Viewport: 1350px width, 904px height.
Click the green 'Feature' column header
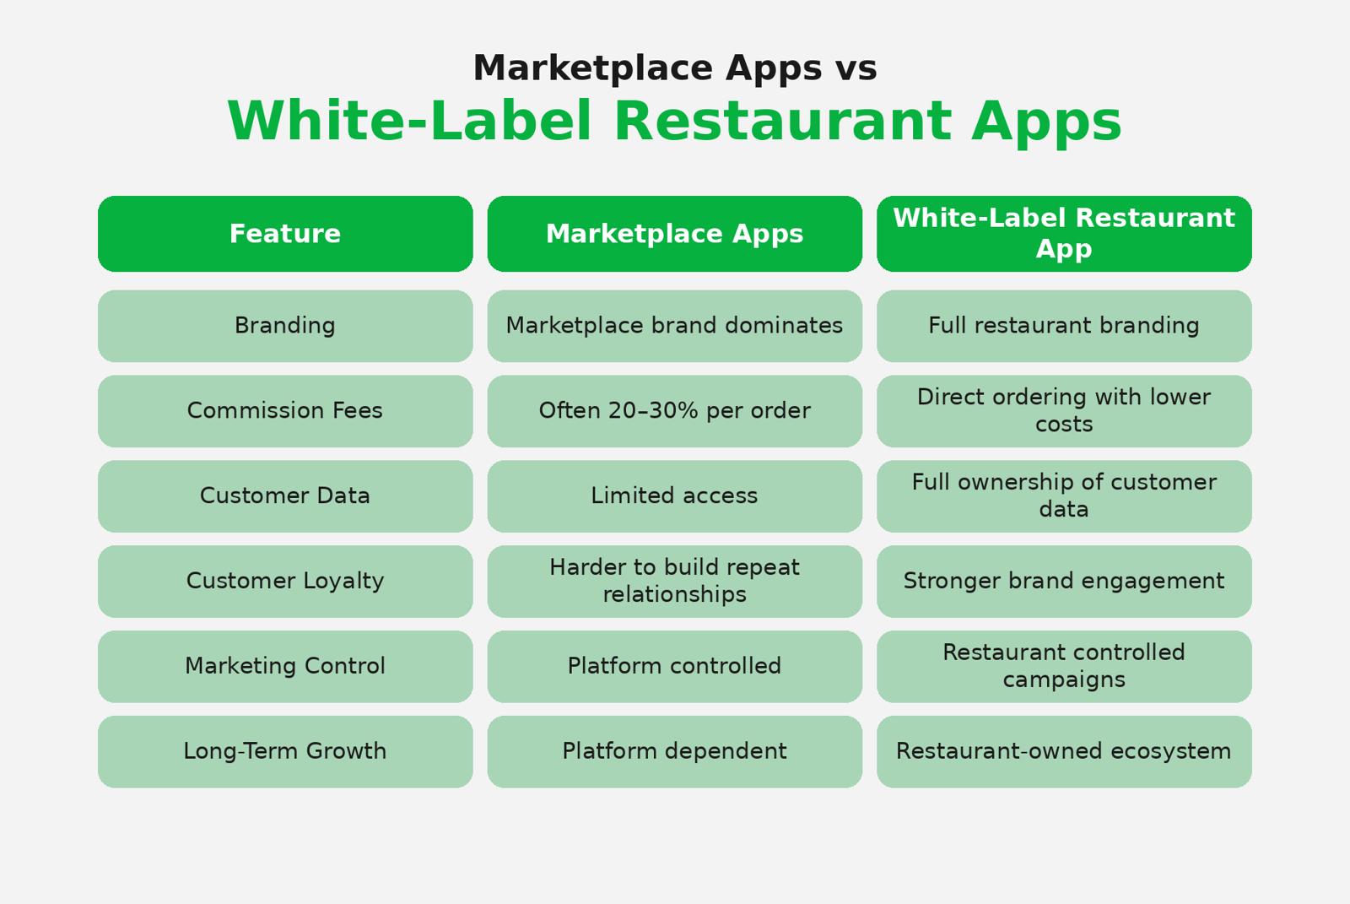click(x=285, y=234)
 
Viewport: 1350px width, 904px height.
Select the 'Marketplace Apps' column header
click(x=674, y=234)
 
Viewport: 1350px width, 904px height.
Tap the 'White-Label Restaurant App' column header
click(x=1064, y=234)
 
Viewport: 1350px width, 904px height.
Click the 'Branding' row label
click(x=285, y=326)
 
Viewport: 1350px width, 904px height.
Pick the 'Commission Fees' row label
click(x=285, y=411)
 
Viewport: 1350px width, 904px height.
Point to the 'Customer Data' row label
click(x=285, y=495)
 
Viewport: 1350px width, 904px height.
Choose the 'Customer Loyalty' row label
click(x=285, y=581)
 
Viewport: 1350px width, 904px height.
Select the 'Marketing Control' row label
click(x=285, y=666)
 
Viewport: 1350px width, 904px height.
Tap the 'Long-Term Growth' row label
click(x=285, y=751)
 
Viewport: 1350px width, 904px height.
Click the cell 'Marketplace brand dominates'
click(x=674, y=326)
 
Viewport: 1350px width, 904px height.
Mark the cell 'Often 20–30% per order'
click(x=674, y=411)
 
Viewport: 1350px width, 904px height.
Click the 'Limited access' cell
click(x=674, y=495)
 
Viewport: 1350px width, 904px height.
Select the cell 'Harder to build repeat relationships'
click(x=674, y=581)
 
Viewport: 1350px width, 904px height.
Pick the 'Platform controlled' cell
click(x=674, y=666)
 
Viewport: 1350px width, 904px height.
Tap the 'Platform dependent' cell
click(x=674, y=751)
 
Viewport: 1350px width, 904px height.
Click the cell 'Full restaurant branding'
click(x=1064, y=326)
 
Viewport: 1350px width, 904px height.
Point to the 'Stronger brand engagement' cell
click(x=1064, y=581)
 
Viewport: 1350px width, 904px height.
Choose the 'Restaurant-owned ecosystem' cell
click(x=1064, y=751)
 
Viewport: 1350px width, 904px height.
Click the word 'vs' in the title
click(x=856, y=70)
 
